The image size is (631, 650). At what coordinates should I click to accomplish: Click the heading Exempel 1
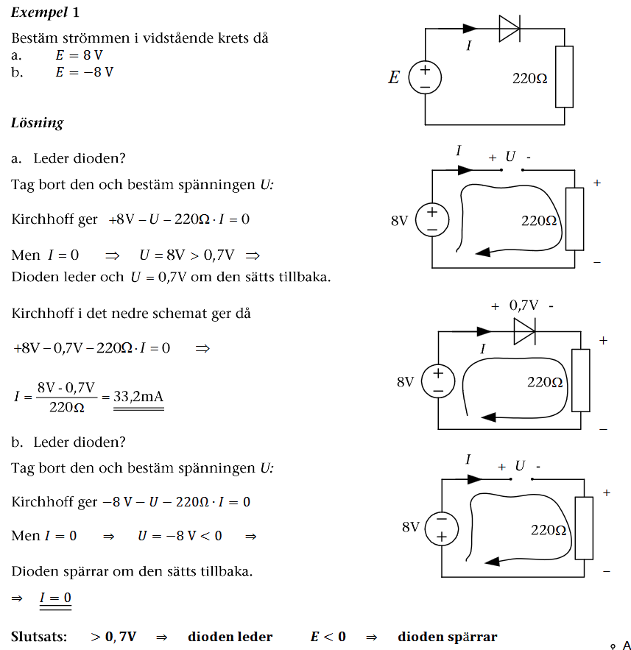(45, 13)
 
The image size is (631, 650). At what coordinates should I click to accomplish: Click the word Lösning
(37, 123)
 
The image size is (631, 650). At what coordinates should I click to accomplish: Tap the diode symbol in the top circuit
(509, 29)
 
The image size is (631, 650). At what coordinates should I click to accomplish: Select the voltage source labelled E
(425, 77)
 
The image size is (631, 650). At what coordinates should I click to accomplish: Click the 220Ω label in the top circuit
(529, 78)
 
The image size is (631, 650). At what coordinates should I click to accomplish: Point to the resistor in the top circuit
(564, 77)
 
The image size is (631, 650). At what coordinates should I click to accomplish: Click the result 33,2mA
(138, 397)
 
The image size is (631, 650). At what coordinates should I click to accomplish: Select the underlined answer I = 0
(56, 598)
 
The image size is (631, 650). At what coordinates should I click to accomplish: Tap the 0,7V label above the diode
(524, 305)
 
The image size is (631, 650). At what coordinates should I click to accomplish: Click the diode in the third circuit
(524, 332)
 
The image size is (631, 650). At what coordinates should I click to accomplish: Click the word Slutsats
(39, 637)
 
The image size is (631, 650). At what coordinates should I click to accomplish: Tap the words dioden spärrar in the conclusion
(447, 637)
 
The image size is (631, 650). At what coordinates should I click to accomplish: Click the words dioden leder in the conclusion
(230, 637)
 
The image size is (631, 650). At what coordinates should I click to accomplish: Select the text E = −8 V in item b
(84, 72)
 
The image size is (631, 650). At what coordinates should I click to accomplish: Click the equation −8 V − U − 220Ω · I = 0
(176, 502)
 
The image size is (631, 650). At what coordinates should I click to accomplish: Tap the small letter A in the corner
(626, 645)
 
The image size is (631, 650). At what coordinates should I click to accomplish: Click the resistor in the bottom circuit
(585, 528)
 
